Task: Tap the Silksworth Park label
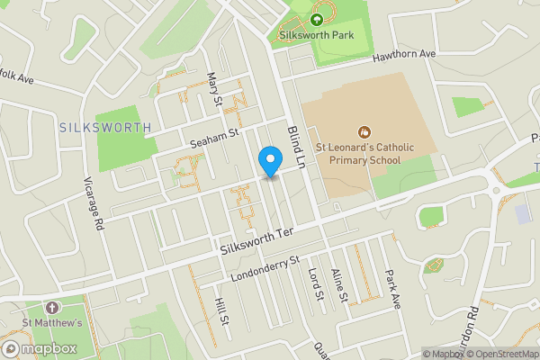316,35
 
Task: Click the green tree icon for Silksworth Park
316,18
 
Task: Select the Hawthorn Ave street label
404,56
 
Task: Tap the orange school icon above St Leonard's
364,132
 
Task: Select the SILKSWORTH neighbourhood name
104,128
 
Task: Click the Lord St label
315,283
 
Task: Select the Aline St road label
338,283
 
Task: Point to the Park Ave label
392,288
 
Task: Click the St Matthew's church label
52,323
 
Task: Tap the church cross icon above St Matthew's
51,307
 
